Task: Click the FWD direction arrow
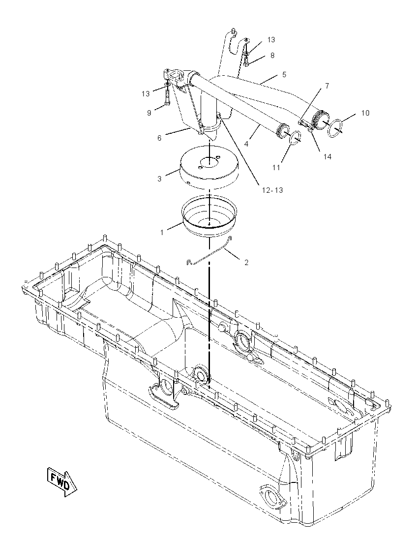[x=62, y=481]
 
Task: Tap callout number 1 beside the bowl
[x=162, y=233]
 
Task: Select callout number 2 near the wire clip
[x=246, y=262]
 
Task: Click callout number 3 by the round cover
[x=159, y=179]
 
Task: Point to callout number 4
[x=246, y=144]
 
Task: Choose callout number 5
[x=284, y=75]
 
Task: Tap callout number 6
[x=159, y=138]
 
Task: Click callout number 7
[x=327, y=86]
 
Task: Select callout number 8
[x=272, y=56]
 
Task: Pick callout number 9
[x=149, y=113]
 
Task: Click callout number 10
[x=365, y=113]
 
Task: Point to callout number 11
[x=276, y=167]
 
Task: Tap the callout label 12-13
[x=272, y=190]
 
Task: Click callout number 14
[x=327, y=156]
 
